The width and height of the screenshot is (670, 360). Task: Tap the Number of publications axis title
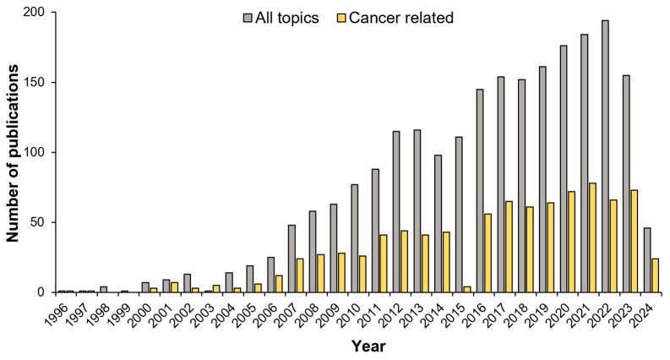click(x=14, y=152)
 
